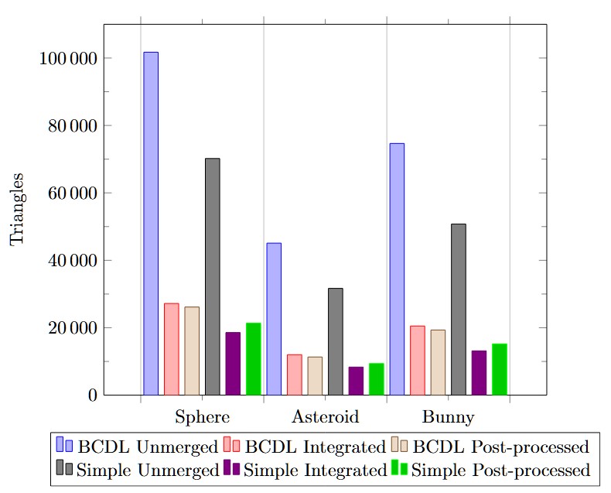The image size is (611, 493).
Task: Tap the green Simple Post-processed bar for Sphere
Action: click(253, 358)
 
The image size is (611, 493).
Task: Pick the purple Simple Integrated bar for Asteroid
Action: click(356, 381)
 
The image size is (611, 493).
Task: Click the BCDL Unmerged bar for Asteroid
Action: click(274, 319)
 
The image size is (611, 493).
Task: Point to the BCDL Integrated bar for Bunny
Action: click(417, 360)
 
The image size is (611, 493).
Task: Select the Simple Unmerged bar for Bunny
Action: click(458, 309)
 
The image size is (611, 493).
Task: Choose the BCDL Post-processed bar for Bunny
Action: click(438, 362)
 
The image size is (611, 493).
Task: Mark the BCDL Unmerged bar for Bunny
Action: click(397, 269)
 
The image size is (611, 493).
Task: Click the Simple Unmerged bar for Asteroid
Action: click(335, 341)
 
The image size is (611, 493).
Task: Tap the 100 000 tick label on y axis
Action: click(67, 59)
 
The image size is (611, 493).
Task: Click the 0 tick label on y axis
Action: click(91, 395)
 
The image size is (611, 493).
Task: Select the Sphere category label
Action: click(203, 417)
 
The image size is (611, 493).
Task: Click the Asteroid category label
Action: click(325, 417)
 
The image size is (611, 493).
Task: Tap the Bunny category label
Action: click(448, 417)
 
